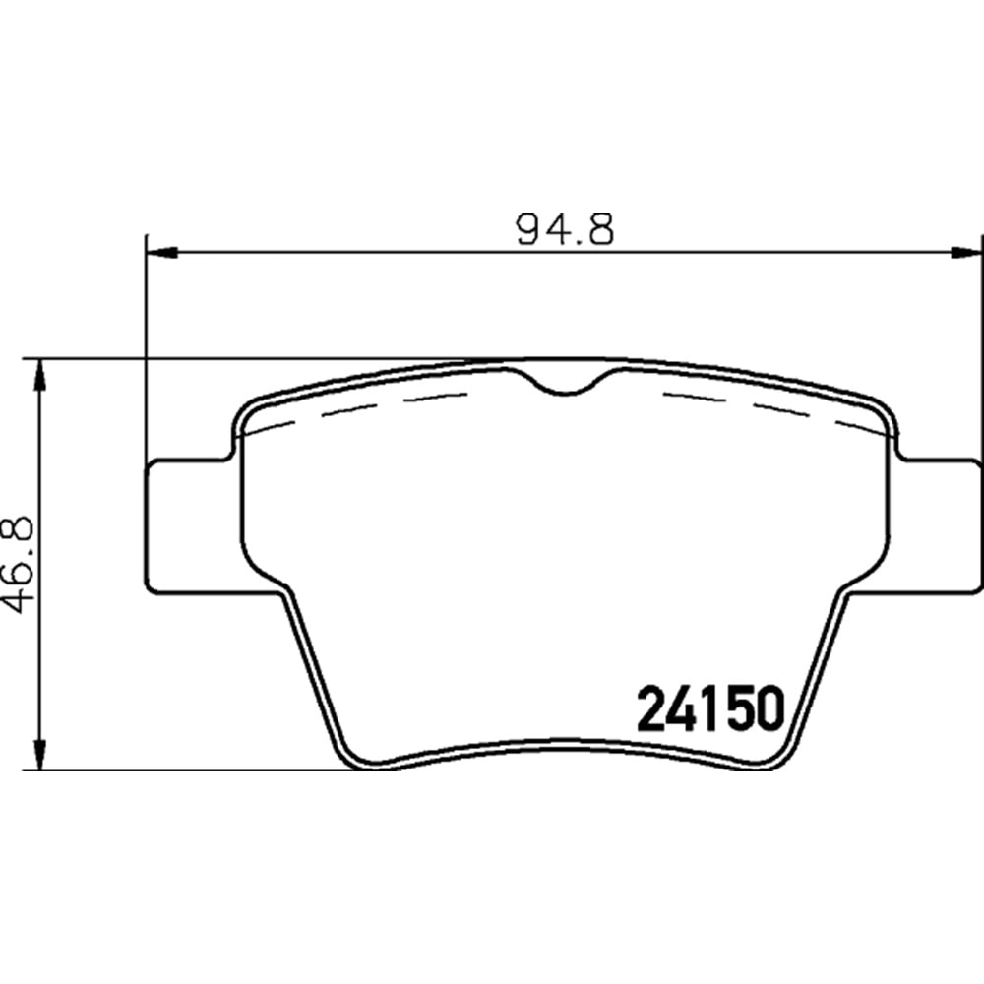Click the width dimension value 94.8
click(565, 230)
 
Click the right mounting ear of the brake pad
click(940, 526)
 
